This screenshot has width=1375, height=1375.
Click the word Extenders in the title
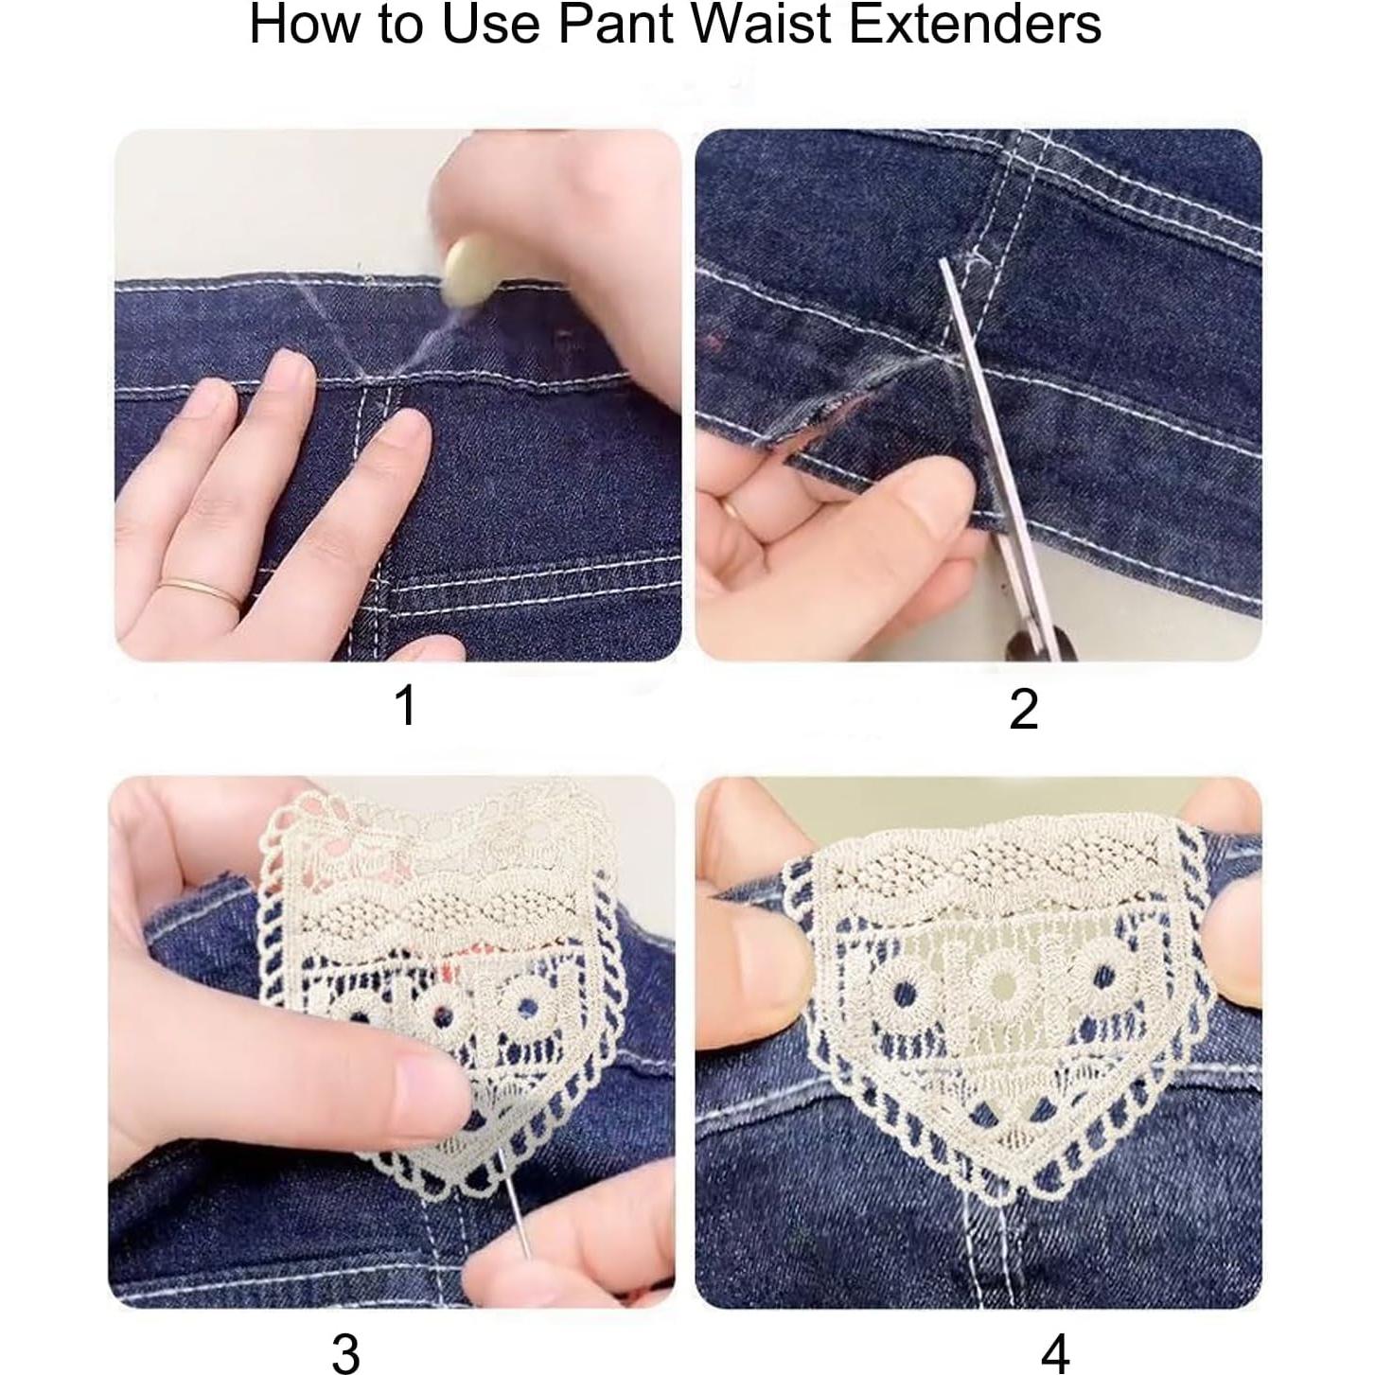974,26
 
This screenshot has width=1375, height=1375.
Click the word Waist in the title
760,26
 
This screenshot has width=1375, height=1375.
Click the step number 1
406,706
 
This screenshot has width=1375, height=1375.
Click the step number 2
1023,710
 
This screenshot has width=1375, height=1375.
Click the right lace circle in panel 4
1098,975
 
